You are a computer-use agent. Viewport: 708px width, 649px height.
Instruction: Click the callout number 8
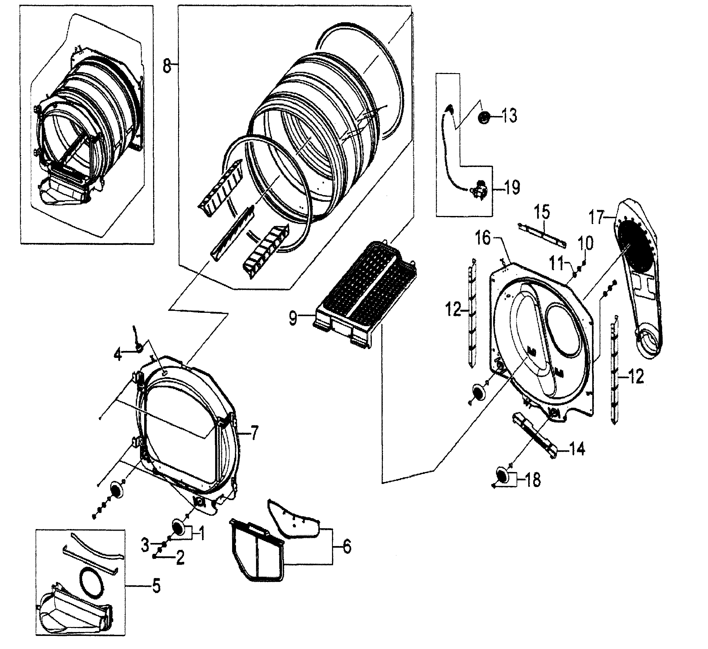click(x=167, y=65)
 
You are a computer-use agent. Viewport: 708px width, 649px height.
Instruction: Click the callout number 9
click(x=293, y=319)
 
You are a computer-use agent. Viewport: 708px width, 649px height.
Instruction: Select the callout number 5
click(x=156, y=586)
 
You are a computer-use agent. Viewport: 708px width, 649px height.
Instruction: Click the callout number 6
click(x=347, y=547)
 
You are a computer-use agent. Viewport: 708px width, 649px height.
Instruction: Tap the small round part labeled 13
click(x=485, y=117)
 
